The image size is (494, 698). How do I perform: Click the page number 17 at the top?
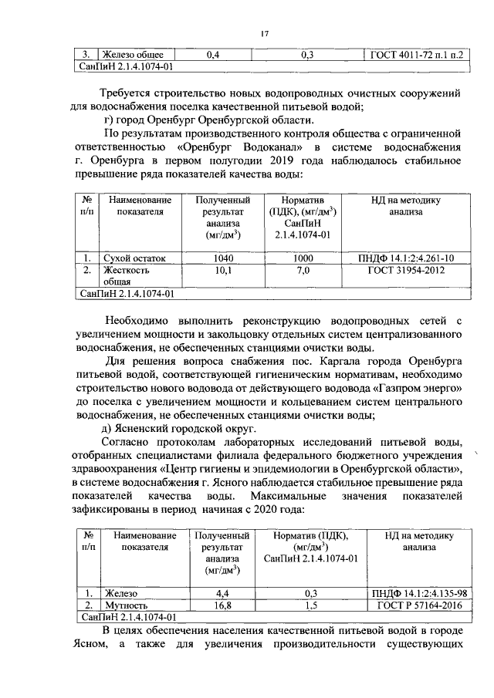tap(263, 33)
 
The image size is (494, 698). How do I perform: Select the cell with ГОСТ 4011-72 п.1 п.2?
tap(418, 55)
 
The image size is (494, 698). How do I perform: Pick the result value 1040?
tap(223, 258)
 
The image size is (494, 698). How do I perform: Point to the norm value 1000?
tap(303, 258)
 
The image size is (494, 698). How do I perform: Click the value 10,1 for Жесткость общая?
tap(223, 271)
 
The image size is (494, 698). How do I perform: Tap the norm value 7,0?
tap(303, 271)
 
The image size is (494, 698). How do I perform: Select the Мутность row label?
tap(127, 605)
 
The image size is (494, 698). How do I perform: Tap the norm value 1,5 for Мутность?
tap(311, 605)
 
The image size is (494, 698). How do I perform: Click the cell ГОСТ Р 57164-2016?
tap(418, 605)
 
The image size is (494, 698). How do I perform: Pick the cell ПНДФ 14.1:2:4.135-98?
tap(418, 593)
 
